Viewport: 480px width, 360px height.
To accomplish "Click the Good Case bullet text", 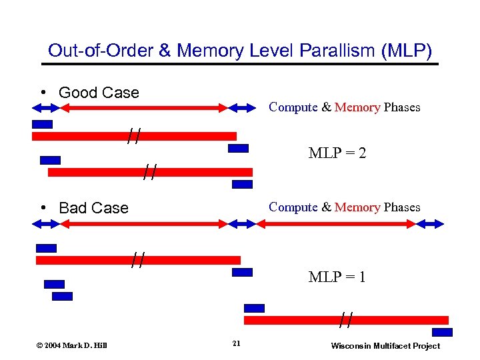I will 99,93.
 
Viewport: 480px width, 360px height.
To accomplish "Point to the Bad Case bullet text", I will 93,207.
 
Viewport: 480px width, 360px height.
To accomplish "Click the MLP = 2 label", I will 337,153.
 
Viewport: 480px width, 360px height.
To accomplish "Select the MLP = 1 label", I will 337,276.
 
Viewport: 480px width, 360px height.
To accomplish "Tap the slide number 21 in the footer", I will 236,344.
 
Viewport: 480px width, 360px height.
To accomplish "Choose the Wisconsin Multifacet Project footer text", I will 385,345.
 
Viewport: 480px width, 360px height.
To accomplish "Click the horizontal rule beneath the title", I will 240,64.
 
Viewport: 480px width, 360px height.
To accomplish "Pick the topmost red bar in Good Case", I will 134,136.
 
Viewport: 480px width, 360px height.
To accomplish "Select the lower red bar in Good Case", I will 150,172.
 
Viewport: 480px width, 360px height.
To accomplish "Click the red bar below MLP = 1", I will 346,320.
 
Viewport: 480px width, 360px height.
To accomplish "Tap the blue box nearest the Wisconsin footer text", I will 441,332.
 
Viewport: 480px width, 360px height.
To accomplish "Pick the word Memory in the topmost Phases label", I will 357,107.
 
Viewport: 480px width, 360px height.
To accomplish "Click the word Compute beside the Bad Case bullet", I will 293,207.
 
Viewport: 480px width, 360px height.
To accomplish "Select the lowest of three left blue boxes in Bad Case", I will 62,296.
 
